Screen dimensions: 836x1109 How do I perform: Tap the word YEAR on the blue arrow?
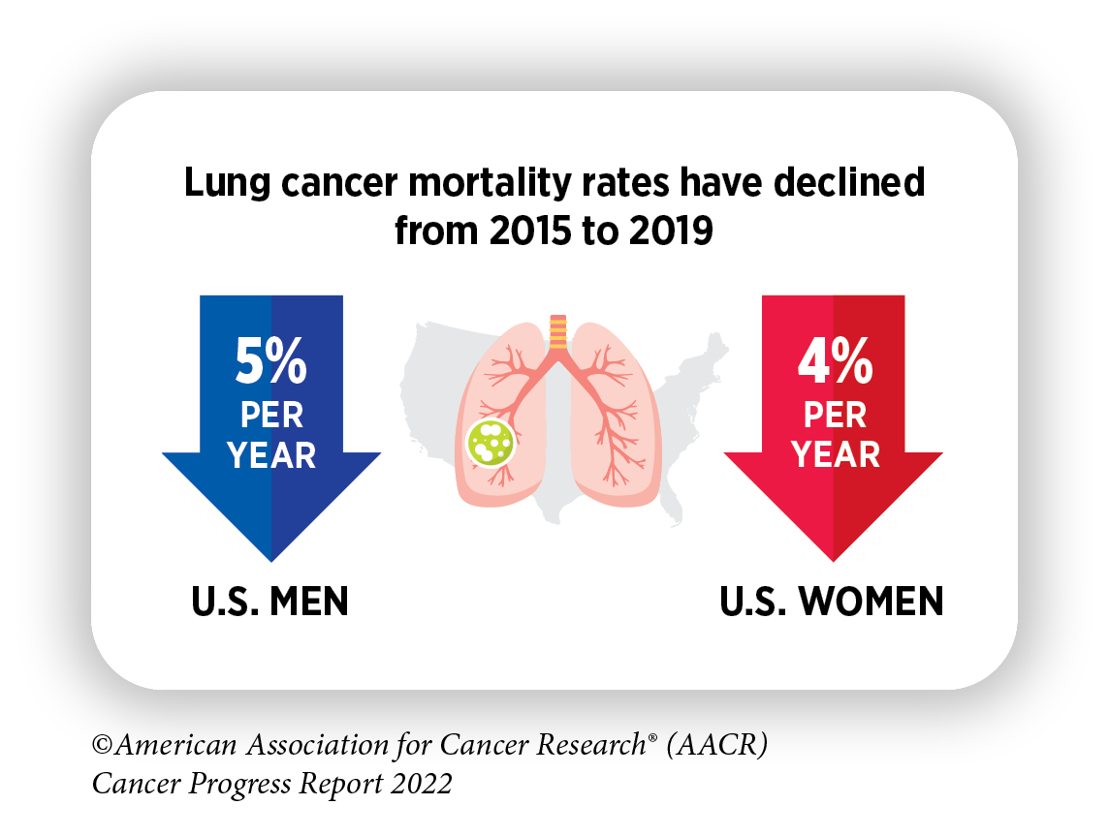(x=271, y=454)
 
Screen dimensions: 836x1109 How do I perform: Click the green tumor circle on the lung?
(x=491, y=442)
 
